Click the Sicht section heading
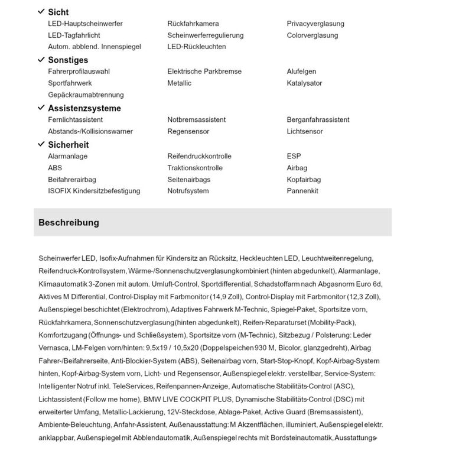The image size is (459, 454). pos(58,12)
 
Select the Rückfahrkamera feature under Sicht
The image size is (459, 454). pos(193,24)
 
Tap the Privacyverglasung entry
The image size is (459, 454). pos(315,24)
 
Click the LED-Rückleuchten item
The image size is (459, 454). pos(196,47)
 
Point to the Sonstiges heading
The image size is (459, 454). pos(68,60)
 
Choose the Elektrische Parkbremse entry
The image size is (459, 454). pos(204,72)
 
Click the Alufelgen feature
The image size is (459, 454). pos(301,72)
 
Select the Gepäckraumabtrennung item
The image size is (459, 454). pos(86,95)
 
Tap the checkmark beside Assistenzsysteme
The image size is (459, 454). pos(41,108)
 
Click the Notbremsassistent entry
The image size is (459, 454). pos(196,119)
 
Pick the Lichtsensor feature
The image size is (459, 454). pos(305,131)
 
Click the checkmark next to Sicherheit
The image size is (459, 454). pos(41,144)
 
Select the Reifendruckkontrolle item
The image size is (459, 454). pos(199,156)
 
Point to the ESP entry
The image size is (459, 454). pos(294,156)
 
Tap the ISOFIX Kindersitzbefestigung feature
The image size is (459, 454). pos(94,191)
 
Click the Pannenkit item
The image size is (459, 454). pos(302,191)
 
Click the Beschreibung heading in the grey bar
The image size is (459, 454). pos(69,223)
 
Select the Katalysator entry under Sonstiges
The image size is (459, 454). pos(304,83)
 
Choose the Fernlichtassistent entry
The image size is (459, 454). pos(75,119)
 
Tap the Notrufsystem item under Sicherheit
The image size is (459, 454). pos(188,191)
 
